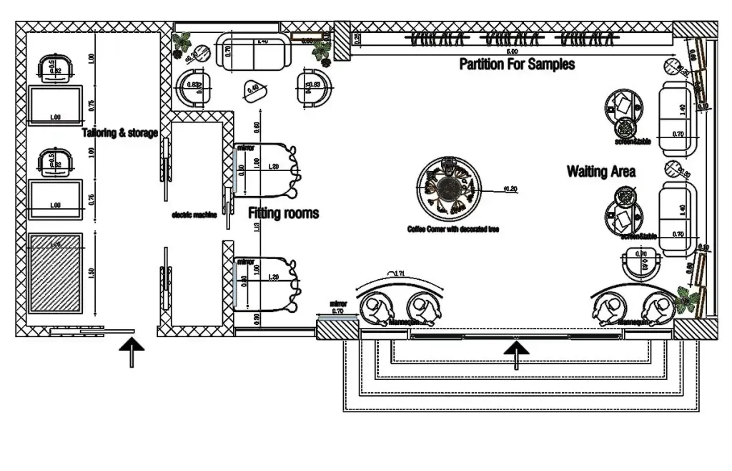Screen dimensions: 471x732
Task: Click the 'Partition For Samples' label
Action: pyautogui.click(x=516, y=64)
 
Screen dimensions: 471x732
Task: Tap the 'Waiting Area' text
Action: pyautogui.click(x=600, y=172)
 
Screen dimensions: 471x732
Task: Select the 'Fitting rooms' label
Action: pyautogui.click(x=283, y=213)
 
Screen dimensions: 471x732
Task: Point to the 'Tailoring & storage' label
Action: pyautogui.click(x=119, y=132)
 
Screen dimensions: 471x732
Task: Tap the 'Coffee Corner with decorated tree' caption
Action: pyautogui.click(x=452, y=229)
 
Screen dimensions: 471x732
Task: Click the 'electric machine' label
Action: pyautogui.click(x=194, y=214)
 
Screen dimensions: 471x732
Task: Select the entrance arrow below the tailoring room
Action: pyautogui.click(x=132, y=352)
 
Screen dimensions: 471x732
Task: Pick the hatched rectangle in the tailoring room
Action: pyautogui.click(x=56, y=273)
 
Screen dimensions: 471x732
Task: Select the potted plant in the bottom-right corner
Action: pyautogui.click(x=688, y=300)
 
